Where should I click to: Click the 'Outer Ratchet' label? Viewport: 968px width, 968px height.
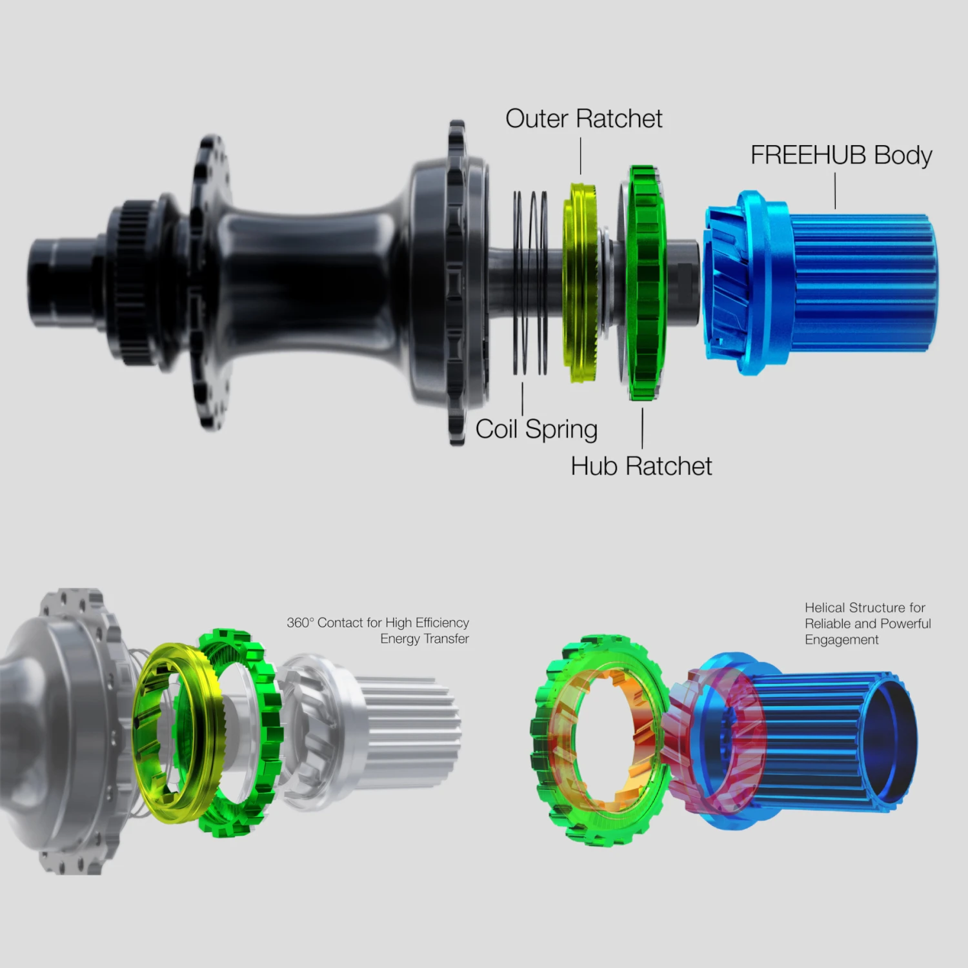pyautogui.click(x=583, y=119)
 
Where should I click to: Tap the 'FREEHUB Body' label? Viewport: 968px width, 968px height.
pyautogui.click(x=841, y=156)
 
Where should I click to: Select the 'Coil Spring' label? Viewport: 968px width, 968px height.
pyautogui.click(x=536, y=430)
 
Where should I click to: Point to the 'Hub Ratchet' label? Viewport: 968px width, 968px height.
pyautogui.click(x=641, y=466)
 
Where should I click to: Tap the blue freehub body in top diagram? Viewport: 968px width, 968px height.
pyautogui.click(x=820, y=283)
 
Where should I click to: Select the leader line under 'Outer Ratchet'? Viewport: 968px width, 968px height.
pyautogui.click(x=581, y=156)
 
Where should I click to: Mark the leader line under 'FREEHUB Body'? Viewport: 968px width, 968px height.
pyautogui.click(x=836, y=191)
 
